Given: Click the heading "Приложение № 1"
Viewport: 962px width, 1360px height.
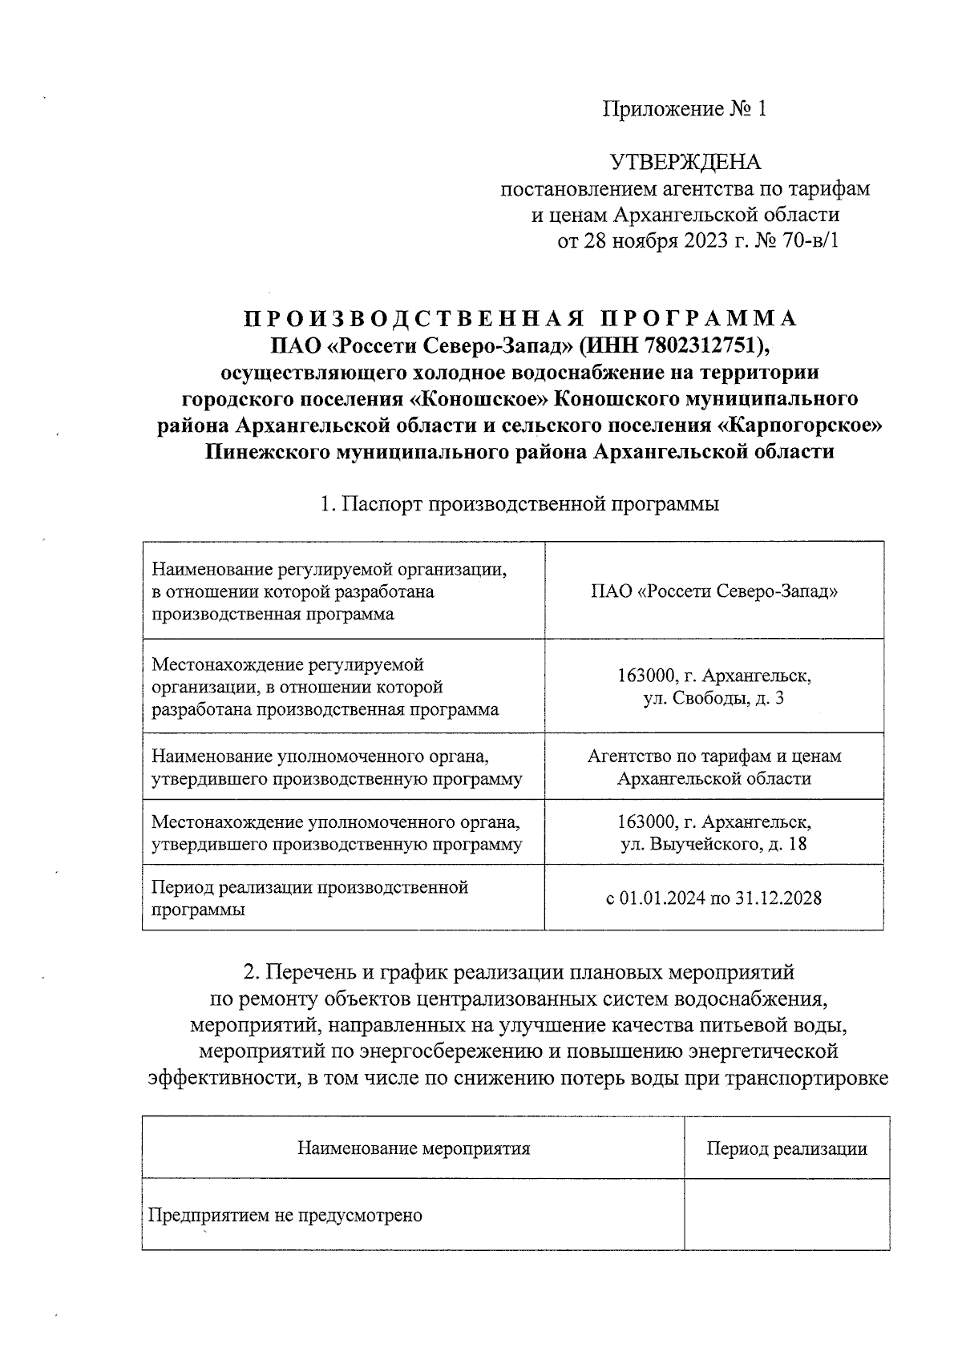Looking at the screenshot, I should pos(685,109).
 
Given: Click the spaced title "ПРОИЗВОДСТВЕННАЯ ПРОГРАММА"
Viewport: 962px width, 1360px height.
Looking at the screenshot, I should pos(520,319).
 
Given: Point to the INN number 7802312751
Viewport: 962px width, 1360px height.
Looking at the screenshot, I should pos(697,345).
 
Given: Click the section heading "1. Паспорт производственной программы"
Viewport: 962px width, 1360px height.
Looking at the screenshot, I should pos(519,504).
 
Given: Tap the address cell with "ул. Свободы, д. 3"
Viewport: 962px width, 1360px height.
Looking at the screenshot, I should pos(713,687).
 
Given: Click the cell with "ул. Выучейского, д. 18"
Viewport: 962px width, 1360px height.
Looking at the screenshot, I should pos(713,833).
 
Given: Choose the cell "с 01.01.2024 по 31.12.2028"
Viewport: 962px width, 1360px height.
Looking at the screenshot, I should pos(713,898).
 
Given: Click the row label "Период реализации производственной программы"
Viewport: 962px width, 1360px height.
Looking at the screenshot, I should pos(309,898).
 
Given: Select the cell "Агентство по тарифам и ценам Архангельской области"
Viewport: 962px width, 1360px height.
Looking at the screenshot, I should pos(713,767).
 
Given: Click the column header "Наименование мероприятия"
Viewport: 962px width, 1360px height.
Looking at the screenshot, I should pos(414,1148).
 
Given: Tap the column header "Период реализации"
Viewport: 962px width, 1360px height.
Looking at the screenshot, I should pos(786,1148).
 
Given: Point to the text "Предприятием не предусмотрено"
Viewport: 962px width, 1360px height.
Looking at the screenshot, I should pos(285,1215).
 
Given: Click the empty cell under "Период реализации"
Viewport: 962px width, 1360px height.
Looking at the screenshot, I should pos(786,1215).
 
